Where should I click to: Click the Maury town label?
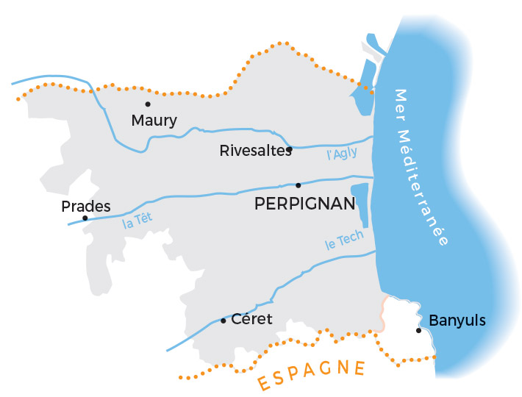click(x=154, y=121)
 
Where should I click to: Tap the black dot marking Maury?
click(x=148, y=104)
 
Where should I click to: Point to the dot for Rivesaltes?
click(x=290, y=149)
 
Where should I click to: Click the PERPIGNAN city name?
click(x=304, y=204)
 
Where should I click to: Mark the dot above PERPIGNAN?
click(x=298, y=185)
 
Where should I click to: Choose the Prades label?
click(x=86, y=207)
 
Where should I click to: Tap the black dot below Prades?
click(x=85, y=218)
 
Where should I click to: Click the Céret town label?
click(x=251, y=319)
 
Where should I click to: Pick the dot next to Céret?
click(x=224, y=320)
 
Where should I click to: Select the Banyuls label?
click(x=457, y=321)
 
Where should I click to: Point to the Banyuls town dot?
click(x=419, y=331)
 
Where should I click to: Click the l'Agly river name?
click(x=342, y=153)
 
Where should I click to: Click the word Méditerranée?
click(x=431, y=187)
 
